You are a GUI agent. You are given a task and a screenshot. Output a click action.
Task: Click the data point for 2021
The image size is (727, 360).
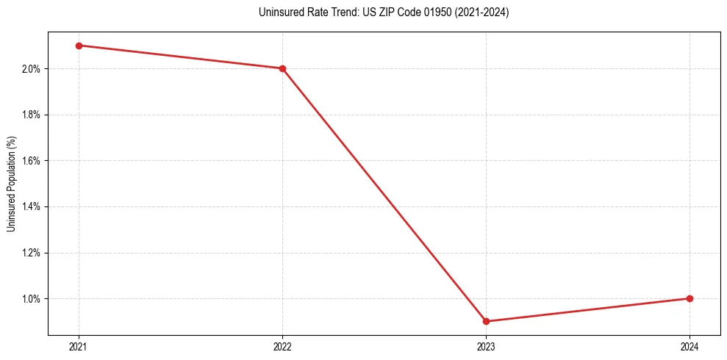(79, 46)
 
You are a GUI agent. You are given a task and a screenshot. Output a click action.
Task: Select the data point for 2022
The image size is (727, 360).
(282, 68)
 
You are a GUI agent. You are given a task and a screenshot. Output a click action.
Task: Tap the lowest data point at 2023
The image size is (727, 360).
(486, 321)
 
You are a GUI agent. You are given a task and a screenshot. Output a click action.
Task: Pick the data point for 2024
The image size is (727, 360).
(690, 298)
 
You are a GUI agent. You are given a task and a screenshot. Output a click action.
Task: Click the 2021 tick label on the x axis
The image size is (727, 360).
(79, 346)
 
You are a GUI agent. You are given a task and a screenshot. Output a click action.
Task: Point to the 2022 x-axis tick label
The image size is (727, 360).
(282, 346)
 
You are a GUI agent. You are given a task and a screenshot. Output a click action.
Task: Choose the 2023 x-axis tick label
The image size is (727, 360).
(486, 346)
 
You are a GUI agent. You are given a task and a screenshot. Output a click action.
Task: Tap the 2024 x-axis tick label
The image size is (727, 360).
(690, 346)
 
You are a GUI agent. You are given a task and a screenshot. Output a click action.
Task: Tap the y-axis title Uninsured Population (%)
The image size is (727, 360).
(11, 184)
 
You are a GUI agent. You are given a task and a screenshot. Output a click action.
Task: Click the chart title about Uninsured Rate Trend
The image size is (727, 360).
(384, 12)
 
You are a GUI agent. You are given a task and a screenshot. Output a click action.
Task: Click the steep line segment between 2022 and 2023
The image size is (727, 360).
(384, 195)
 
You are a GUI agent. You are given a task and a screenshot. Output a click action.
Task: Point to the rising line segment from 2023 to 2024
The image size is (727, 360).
(588, 310)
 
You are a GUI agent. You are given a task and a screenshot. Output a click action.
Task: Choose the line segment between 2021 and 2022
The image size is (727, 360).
(181, 57)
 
